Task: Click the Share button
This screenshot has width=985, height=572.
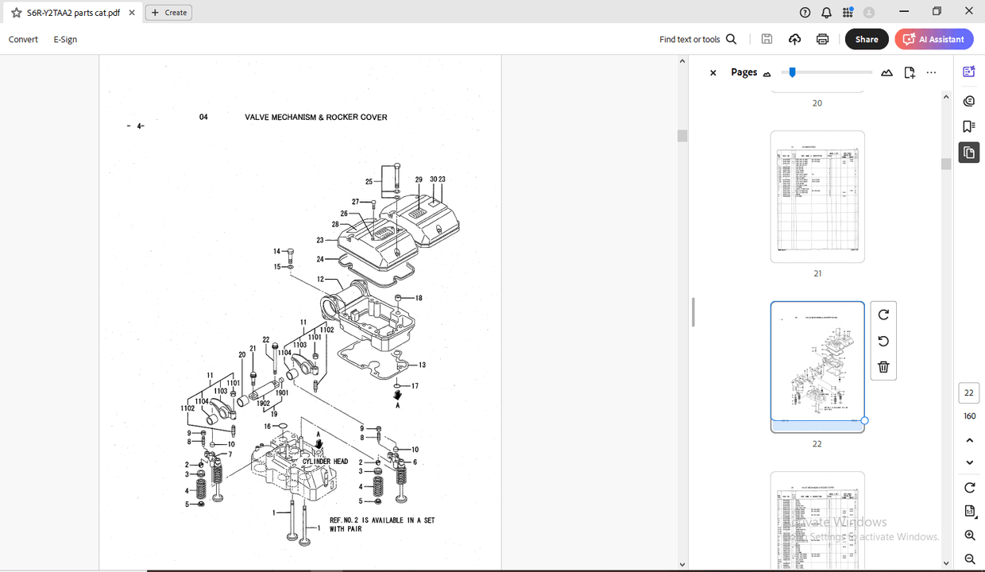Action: click(866, 39)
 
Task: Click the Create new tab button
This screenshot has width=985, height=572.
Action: click(169, 13)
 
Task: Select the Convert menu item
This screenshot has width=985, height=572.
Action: click(23, 39)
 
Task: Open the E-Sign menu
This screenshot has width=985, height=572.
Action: click(65, 39)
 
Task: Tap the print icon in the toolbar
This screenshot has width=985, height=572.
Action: click(822, 39)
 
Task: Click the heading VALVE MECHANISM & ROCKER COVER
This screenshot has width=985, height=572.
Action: click(315, 118)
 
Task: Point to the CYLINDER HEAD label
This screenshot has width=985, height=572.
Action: click(325, 462)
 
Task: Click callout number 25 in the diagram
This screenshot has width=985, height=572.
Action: click(369, 182)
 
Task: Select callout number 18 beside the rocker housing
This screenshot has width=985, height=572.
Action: click(419, 298)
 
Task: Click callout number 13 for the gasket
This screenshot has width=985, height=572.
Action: click(422, 365)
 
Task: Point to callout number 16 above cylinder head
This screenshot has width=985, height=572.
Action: click(268, 427)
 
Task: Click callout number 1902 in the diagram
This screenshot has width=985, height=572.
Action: click(263, 404)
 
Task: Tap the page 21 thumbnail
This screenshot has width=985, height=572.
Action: click(817, 196)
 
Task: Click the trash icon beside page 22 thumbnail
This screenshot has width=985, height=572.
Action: click(883, 367)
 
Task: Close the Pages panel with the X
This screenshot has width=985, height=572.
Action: click(713, 72)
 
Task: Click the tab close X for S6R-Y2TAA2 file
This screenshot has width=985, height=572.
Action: click(132, 13)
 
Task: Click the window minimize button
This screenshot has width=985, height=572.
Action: click(903, 12)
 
